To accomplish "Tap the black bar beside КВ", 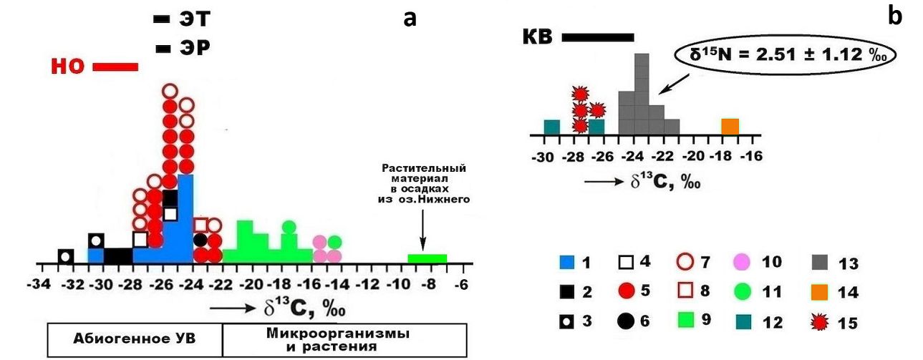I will point(598,37).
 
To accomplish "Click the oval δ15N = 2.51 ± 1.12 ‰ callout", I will point(785,55).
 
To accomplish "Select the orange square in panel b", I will point(730,127).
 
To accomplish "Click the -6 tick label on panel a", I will point(461,285).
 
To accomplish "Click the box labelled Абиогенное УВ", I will point(135,341).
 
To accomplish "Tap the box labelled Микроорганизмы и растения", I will point(344,341).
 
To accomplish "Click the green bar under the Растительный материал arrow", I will point(427,258).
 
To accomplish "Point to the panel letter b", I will point(894,16).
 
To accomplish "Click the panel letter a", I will point(410,18).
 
